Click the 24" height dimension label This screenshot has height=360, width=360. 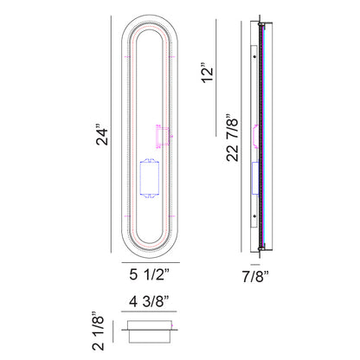pyautogui.click(x=102, y=134)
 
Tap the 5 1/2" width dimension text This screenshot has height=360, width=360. pyautogui.click(x=149, y=274)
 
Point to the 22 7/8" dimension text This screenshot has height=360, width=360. pyautogui.click(x=233, y=137)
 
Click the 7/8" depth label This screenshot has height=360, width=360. pyautogui.click(x=255, y=277)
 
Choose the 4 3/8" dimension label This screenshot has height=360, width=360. pyautogui.click(x=149, y=302)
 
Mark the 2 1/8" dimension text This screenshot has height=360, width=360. pyautogui.click(x=98, y=331)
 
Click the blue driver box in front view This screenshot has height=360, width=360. pyautogui.click(x=149, y=178)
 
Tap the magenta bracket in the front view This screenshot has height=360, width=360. pyautogui.click(x=163, y=137)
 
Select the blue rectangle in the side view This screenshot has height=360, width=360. pyautogui.click(x=255, y=178)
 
